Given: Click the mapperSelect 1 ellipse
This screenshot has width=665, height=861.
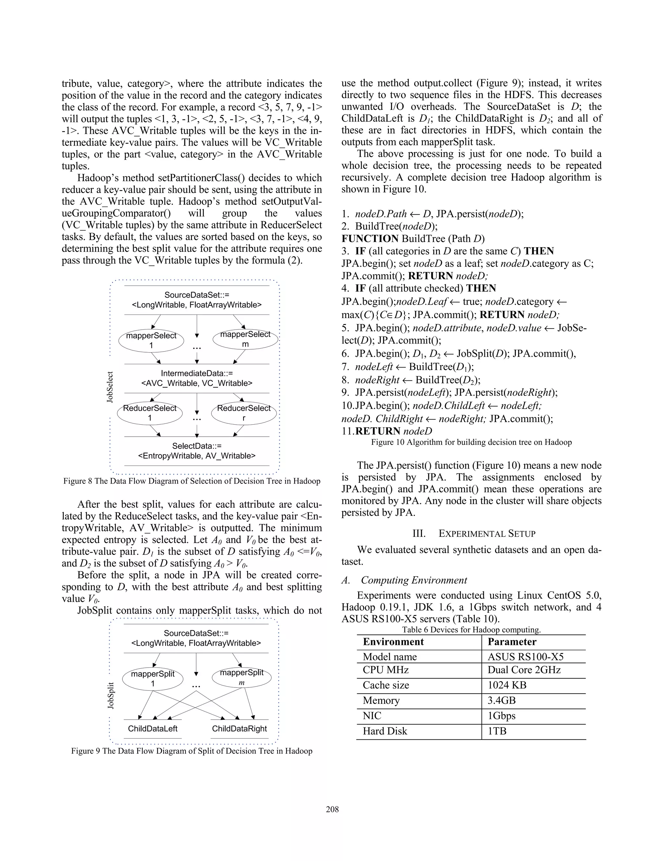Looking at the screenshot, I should tap(151, 341).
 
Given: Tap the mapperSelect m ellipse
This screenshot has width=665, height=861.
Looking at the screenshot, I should tap(245, 339).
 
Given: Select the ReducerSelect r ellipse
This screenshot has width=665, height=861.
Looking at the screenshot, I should tap(244, 413).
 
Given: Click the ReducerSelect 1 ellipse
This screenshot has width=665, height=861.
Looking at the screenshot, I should tap(150, 413).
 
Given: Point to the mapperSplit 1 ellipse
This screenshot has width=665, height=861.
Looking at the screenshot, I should tap(153, 678).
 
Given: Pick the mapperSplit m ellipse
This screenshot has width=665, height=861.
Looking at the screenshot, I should tap(242, 677).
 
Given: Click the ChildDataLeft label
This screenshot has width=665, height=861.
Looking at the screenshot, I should tap(153, 728).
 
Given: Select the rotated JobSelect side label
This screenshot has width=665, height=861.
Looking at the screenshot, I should tap(110, 387).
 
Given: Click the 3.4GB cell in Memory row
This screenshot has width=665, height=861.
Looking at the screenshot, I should tap(501, 700).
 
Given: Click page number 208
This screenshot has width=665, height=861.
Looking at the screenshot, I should tap(332, 809).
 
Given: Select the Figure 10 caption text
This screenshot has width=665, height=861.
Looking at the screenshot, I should tap(471, 442).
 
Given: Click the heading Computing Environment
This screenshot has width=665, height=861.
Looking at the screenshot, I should tap(414, 580).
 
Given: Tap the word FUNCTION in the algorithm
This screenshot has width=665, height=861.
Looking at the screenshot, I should tap(370, 238).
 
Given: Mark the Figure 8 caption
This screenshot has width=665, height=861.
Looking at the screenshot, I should tap(192, 481).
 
